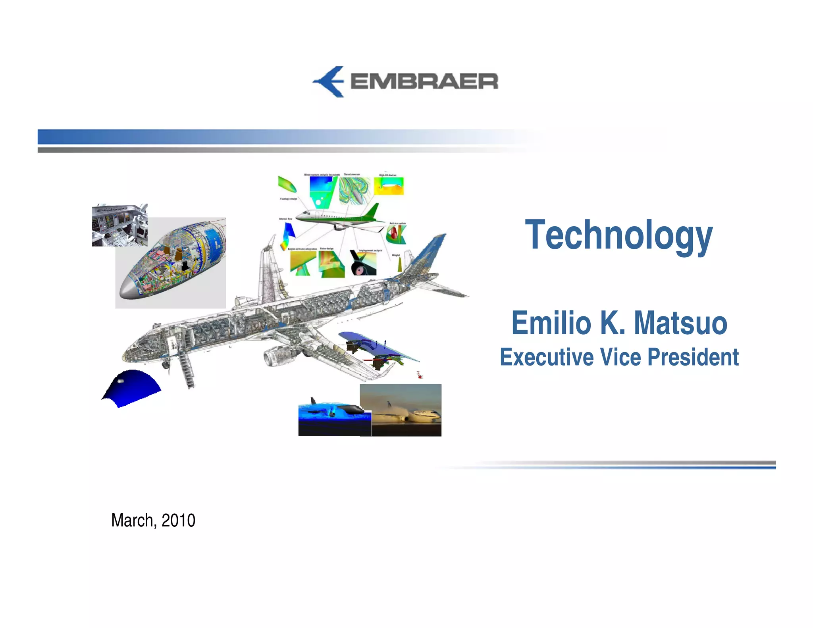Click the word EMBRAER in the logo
click(424, 82)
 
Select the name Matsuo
click(680, 323)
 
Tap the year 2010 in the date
click(178, 520)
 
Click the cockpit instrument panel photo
click(119, 225)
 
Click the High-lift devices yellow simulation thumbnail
click(389, 186)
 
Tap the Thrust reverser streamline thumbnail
click(354, 190)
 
